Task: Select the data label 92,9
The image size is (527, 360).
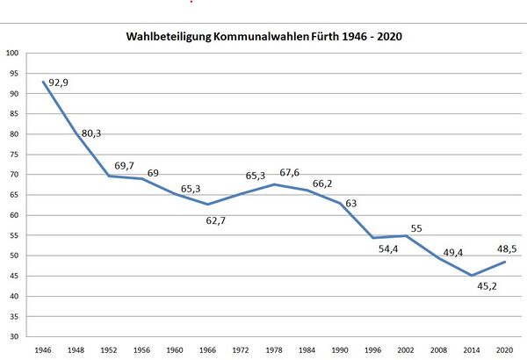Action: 60,82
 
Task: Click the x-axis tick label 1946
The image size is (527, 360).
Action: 44,349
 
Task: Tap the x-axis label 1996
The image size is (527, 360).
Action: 372,349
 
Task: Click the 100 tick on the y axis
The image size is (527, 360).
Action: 12,54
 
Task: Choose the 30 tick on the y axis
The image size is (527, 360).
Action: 14,336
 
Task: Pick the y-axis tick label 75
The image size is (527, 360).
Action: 14,155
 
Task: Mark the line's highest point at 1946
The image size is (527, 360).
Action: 44,82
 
